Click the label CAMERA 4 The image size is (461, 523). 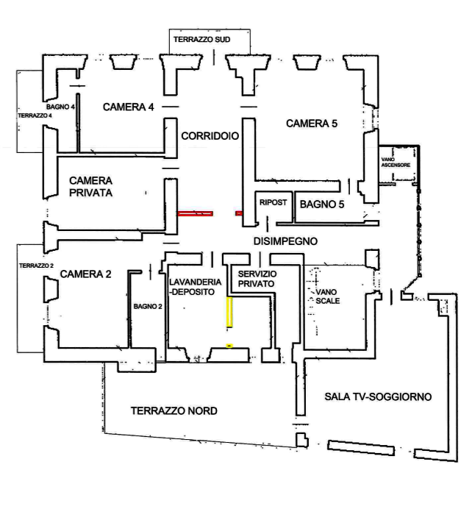pyautogui.click(x=128, y=107)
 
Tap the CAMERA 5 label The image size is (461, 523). pyautogui.click(x=312, y=124)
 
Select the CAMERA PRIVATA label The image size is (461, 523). pyautogui.click(x=90, y=186)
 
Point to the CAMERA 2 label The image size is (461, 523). pyautogui.click(x=85, y=274)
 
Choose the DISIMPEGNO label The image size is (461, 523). pyautogui.click(x=285, y=241)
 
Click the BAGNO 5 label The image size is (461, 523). pyautogui.click(x=321, y=204)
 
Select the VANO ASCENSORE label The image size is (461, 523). pyautogui.click(x=396, y=163)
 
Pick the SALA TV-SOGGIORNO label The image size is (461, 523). pyautogui.click(x=377, y=396)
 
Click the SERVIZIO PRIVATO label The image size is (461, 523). pyautogui.click(x=255, y=278)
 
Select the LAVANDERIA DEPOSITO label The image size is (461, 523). pyautogui.click(x=194, y=287)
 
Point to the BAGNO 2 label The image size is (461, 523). pyautogui.click(x=148, y=306)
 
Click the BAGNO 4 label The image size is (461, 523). pyautogui.click(x=60, y=107)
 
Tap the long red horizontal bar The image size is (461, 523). pyautogui.click(x=195, y=213)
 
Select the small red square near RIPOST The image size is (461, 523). pyautogui.click(x=238, y=213)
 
